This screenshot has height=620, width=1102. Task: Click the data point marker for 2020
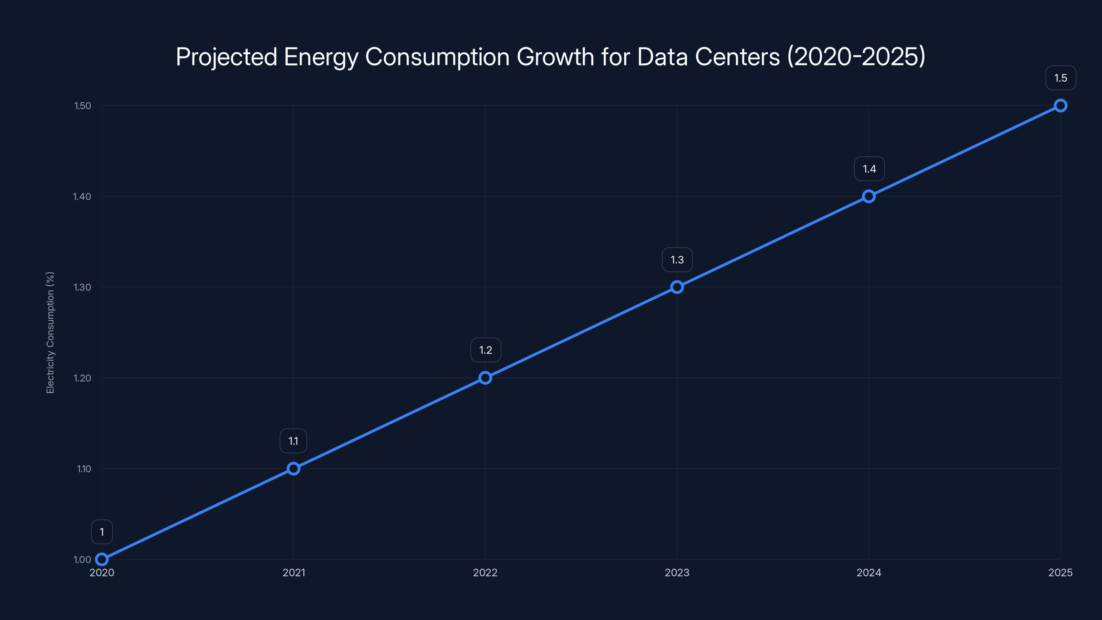(102, 559)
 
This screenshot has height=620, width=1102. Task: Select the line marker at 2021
(293, 468)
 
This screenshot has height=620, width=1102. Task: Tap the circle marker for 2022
(485, 378)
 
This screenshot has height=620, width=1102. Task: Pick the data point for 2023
(677, 287)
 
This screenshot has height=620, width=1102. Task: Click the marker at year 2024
(869, 196)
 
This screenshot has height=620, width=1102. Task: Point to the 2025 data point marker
(1061, 106)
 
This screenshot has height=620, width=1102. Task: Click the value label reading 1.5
(1061, 78)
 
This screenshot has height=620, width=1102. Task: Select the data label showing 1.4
(869, 169)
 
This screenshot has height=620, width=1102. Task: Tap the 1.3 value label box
(677, 260)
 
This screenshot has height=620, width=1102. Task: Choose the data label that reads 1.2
(486, 350)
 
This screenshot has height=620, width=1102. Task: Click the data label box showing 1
(102, 532)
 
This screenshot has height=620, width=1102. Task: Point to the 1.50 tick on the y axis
(83, 106)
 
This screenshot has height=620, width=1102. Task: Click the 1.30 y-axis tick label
(83, 287)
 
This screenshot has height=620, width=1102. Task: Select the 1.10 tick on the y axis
(84, 468)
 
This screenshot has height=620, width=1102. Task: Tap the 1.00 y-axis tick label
(82, 559)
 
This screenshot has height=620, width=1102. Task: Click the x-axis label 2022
(485, 572)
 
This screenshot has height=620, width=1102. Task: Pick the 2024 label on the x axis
(869, 572)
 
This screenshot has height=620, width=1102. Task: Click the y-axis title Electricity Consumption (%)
(50, 332)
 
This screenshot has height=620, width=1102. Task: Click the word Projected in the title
(226, 57)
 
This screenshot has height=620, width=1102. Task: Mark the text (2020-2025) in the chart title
(856, 56)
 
